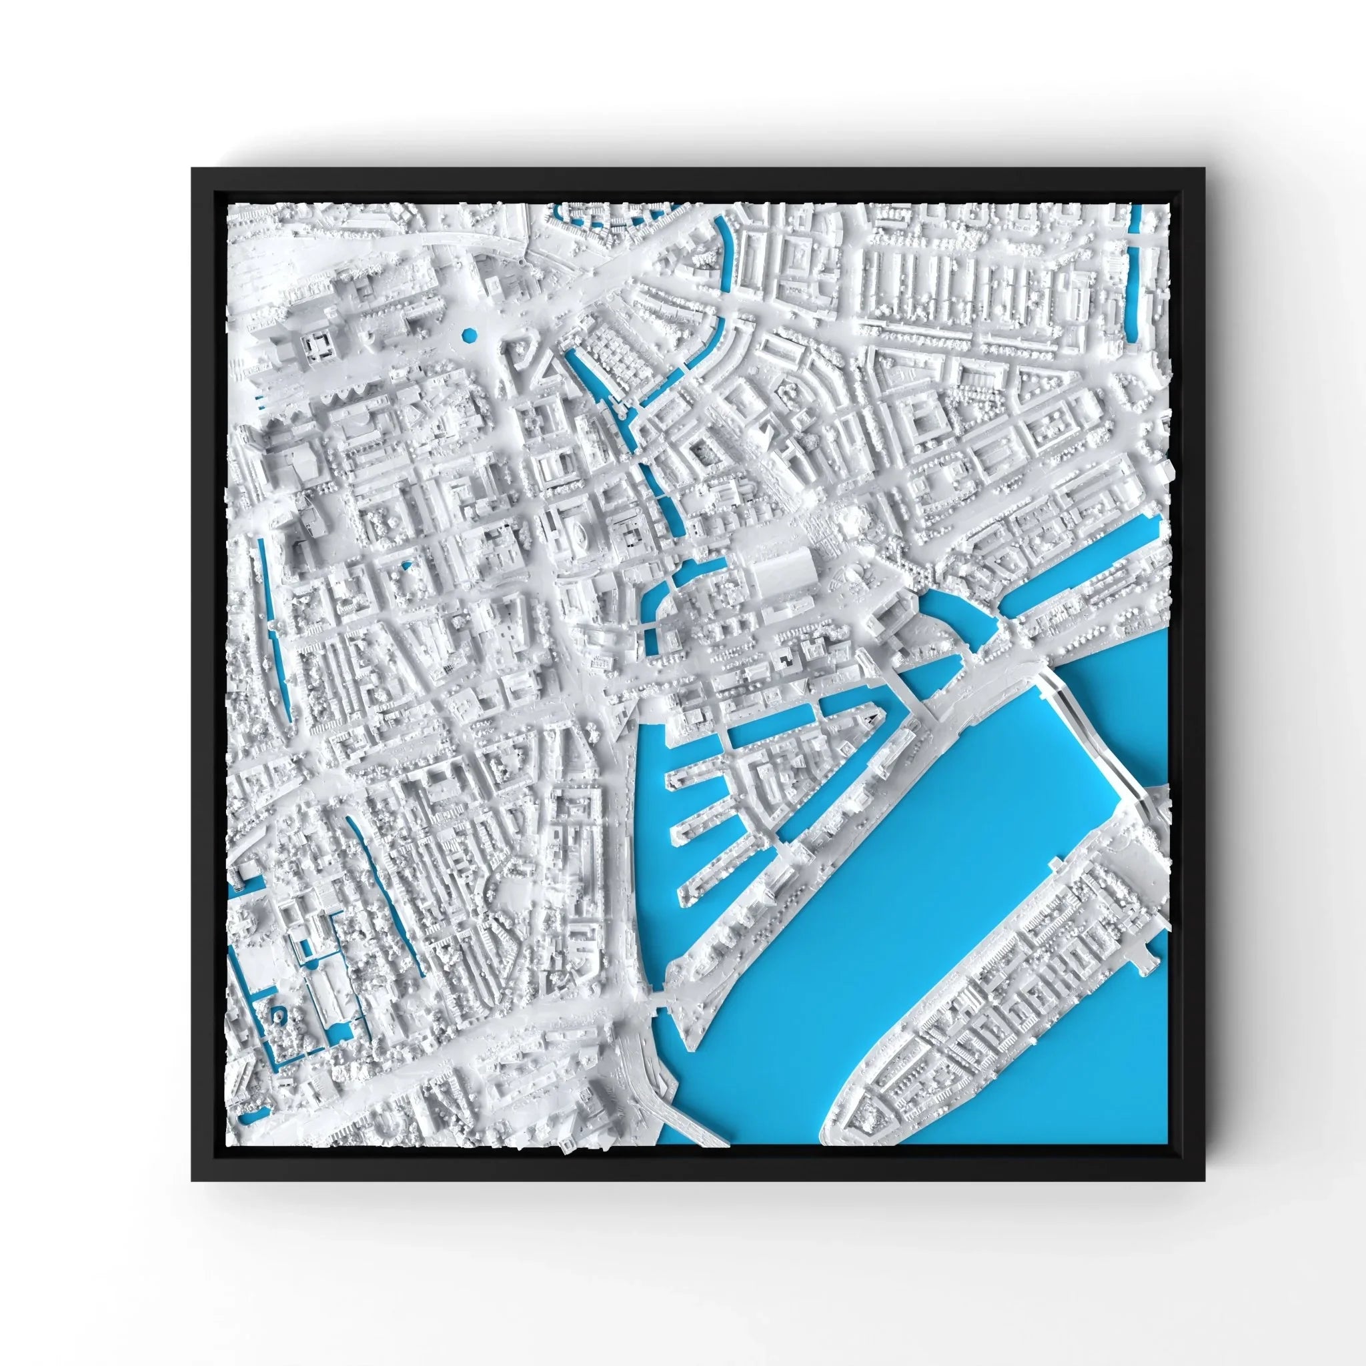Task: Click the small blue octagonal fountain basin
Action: (468, 335)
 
